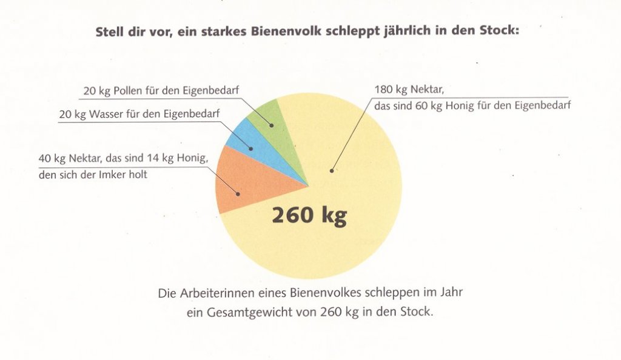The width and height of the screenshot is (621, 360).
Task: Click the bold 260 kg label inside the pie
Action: (309, 216)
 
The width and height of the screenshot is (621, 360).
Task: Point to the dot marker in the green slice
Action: (272, 125)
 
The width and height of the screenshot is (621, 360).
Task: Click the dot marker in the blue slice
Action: (250, 148)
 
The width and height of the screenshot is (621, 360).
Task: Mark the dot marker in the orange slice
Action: (238, 194)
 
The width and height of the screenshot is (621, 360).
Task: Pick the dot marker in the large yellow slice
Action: (332, 171)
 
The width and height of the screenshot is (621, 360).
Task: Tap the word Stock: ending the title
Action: (500, 30)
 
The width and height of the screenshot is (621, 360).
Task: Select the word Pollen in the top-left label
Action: (128, 90)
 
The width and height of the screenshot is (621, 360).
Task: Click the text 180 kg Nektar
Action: (409, 90)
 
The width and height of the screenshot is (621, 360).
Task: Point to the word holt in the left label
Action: (138, 175)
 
